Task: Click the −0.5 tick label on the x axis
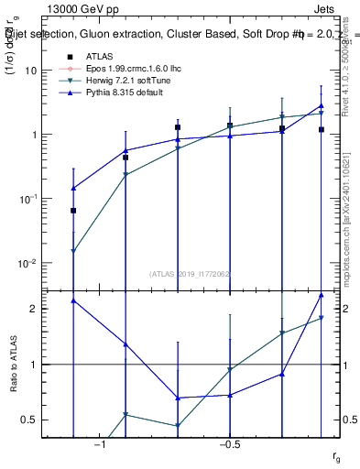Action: (x=229, y=445)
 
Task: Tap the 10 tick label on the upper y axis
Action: (x=31, y=71)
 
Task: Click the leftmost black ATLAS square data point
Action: (x=73, y=211)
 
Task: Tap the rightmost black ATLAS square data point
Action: (x=322, y=130)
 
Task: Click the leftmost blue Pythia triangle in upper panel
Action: (x=73, y=188)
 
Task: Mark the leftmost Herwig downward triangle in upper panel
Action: (x=73, y=251)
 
